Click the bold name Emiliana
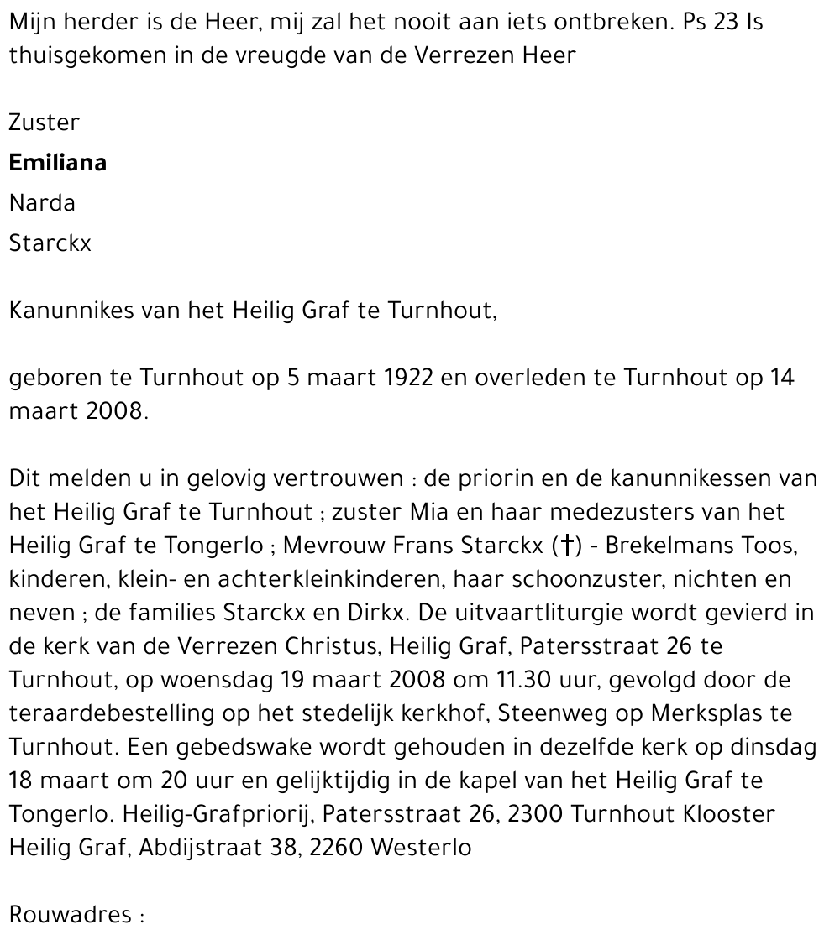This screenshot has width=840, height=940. click(x=57, y=163)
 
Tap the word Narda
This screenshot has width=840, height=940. click(x=42, y=203)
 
